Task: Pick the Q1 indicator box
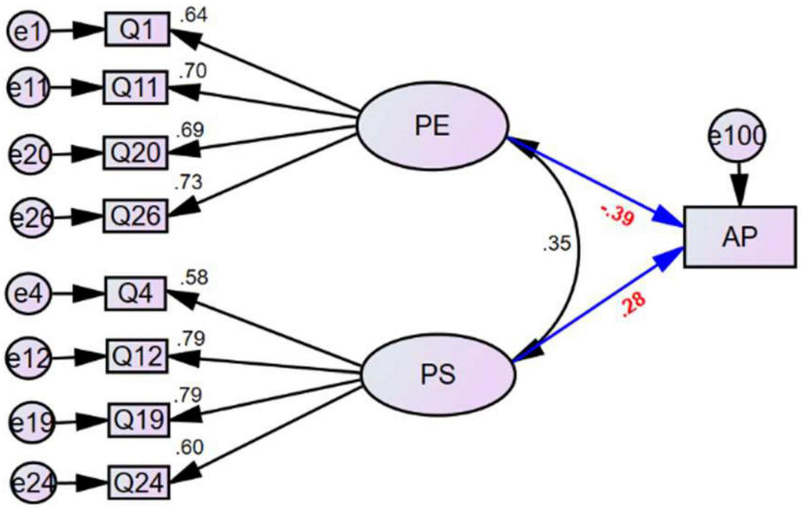[138, 29]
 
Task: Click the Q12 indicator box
[138, 356]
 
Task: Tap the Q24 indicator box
[138, 483]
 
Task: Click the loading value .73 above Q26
[188, 182]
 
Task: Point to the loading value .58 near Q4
[195, 276]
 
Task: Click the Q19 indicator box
[138, 420]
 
